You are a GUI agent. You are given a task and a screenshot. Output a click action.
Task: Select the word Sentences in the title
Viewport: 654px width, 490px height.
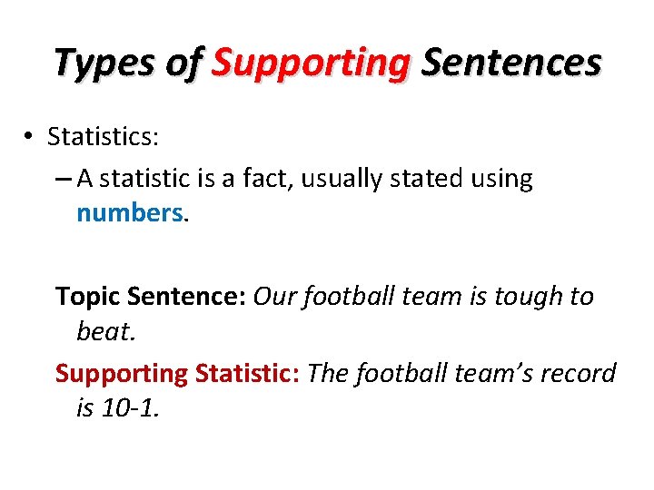coord(511,64)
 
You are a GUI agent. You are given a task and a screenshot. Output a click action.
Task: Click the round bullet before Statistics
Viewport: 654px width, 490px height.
coord(30,136)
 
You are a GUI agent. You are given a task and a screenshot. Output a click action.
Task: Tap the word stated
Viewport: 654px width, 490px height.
coord(427,179)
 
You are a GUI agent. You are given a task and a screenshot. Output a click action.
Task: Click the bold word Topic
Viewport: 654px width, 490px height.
coord(88,297)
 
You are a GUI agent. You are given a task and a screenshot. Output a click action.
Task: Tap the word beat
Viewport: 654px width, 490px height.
coord(104,331)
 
